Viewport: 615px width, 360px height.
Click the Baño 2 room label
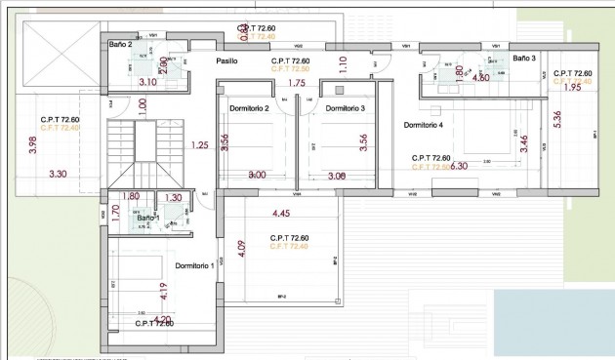click(x=121, y=45)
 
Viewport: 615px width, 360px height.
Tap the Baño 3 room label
click(x=524, y=59)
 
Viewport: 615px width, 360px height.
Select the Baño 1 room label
click(x=146, y=218)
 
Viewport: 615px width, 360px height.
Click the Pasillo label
click(x=226, y=60)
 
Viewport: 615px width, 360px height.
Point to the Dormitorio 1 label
click(x=194, y=265)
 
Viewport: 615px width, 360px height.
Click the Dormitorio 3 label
click(x=345, y=107)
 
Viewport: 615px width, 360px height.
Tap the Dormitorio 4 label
click(x=423, y=125)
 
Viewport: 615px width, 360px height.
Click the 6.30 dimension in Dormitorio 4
click(x=460, y=166)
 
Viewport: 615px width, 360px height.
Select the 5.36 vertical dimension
click(x=556, y=120)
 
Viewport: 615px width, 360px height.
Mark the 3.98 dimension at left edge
click(x=32, y=147)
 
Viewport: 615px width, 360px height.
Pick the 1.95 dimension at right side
click(x=572, y=88)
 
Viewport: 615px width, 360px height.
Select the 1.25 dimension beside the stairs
click(x=200, y=145)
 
